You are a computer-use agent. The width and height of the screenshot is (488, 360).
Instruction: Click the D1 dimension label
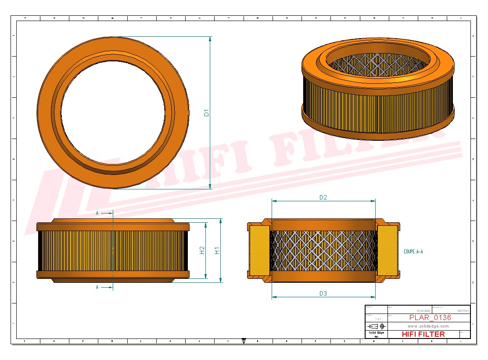pyautogui.click(x=206, y=112)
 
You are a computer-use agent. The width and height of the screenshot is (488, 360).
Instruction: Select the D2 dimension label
pyautogui.click(x=323, y=197)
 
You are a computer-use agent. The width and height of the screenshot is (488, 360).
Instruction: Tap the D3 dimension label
pyautogui.click(x=323, y=293)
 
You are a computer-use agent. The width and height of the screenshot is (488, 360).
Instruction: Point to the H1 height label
pyautogui.click(x=217, y=250)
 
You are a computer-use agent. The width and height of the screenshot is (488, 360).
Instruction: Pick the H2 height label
pyautogui.click(x=202, y=250)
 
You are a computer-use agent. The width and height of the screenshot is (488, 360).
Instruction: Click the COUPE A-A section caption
pyautogui.click(x=413, y=252)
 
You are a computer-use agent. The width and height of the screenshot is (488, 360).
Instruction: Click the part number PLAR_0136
pyautogui.click(x=430, y=317)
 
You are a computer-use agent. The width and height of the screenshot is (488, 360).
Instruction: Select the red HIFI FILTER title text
pyautogui.click(x=423, y=334)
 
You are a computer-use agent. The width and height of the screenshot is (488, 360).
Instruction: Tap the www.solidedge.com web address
pyautogui.click(x=428, y=326)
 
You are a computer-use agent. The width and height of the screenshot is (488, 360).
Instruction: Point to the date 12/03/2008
pyautogui.click(x=423, y=310)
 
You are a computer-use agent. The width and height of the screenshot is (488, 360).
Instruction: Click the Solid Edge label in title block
pyautogui.click(x=376, y=333)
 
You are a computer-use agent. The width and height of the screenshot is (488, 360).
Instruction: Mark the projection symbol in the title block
pyautogui.click(x=377, y=326)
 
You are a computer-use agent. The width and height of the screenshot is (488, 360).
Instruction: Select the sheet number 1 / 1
pyautogui.click(x=377, y=319)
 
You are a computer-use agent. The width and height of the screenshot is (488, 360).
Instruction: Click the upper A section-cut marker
pyautogui.click(x=97, y=213)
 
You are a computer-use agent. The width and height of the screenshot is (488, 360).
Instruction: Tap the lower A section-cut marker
pyautogui.click(x=97, y=287)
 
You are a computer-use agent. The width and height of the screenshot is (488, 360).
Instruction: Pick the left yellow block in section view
pyautogui.click(x=259, y=250)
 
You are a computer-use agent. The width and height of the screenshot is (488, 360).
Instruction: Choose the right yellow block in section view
pyautogui.click(x=387, y=250)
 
